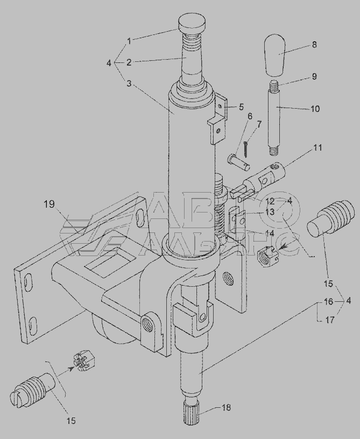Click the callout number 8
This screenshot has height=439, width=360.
pyautogui.click(x=314, y=45)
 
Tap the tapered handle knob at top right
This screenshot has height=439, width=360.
pyautogui.click(x=275, y=55)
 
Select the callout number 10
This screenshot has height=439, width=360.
pyautogui.click(x=315, y=109)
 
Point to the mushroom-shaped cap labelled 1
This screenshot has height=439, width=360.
pyautogui.click(x=192, y=24)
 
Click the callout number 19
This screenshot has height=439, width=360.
pyautogui.click(x=50, y=204)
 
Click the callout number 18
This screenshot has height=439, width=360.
pyautogui.click(x=226, y=407)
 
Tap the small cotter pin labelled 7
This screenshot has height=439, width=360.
pyautogui.click(x=246, y=148)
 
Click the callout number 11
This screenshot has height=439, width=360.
pyautogui.click(x=317, y=147)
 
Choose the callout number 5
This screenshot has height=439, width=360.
pyautogui.click(x=241, y=107)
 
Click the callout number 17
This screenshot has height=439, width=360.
pyautogui.click(x=330, y=320)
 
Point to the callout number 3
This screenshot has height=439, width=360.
pyautogui.click(x=129, y=83)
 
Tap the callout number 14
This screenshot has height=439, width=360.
pyautogui.click(x=270, y=233)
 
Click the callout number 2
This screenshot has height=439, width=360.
pyautogui.click(x=129, y=62)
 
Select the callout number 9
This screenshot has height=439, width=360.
pyautogui.click(x=314, y=76)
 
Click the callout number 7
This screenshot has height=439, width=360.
pyautogui.click(x=259, y=124)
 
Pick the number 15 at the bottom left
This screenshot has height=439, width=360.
pyautogui.click(x=71, y=421)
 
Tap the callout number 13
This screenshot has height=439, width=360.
pyautogui.click(x=270, y=211)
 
